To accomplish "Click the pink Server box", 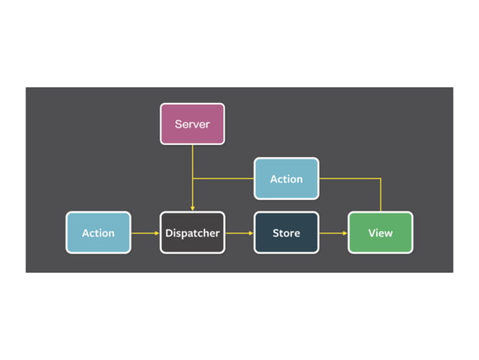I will [192, 124].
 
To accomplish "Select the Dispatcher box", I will [192, 232].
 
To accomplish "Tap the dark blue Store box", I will [286, 232].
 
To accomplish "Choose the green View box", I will [380, 232].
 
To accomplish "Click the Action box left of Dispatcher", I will [98, 232].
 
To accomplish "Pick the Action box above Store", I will [286, 179].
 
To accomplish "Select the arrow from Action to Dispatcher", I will [145, 233].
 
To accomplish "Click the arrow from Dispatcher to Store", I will [239, 233].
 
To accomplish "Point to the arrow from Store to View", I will [333, 233].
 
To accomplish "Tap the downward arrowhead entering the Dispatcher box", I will [192, 208].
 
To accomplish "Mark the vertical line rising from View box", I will [381, 197].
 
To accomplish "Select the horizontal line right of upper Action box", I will [349, 179].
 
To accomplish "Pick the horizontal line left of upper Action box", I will [224, 179].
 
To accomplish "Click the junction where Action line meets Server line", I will [192, 179].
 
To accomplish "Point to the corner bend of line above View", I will [381, 179].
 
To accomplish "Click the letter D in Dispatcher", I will [169, 233].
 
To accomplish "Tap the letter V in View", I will [371, 233].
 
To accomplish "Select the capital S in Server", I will [178, 124].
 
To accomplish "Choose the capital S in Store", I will [275, 233].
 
